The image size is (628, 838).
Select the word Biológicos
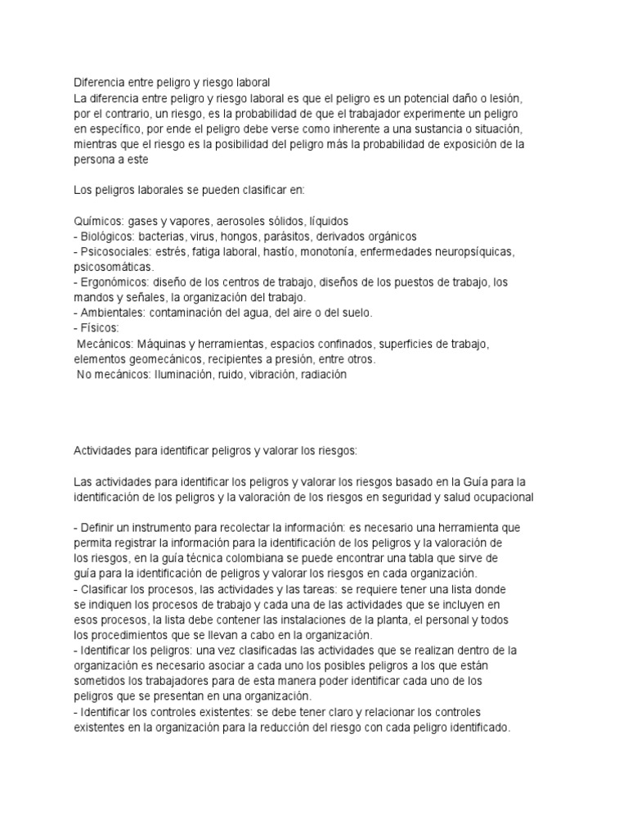click(x=109, y=236)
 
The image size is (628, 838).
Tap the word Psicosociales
click(x=116, y=251)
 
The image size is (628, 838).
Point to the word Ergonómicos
click(x=114, y=282)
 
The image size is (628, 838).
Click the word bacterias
click(x=168, y=236)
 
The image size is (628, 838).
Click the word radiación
click(x=325, y=375)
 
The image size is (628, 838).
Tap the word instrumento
click(x=167, y=527)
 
